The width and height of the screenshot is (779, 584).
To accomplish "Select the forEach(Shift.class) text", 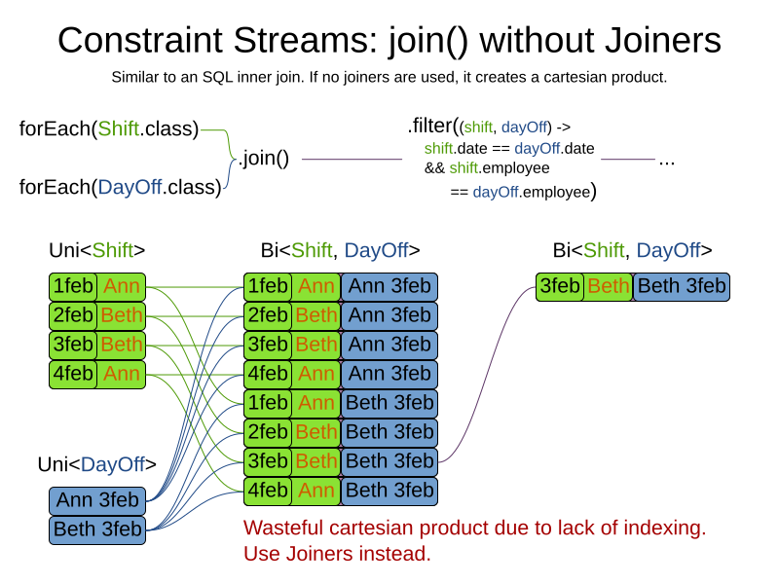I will tap(109, 128).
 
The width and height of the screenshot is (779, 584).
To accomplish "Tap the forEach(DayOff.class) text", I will tap(120, 187).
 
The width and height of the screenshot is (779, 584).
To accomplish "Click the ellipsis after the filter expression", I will tap(667, 159).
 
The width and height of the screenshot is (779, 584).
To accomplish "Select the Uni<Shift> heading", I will tap(97, 250).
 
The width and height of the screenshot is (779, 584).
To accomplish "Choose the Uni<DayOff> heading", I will tap(96, 464).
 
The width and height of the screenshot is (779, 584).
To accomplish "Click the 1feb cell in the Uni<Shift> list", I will tap(73, 287).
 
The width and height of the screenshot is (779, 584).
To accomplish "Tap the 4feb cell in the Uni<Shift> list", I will tap(73, 375).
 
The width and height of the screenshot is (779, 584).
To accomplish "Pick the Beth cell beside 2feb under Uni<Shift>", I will tap(122, 316).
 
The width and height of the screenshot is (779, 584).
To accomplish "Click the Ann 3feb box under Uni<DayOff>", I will tap(97, 501).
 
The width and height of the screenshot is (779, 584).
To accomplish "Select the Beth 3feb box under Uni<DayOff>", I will tap(97, 530).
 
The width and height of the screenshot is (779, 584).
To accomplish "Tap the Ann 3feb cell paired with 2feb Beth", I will tap(389, 316).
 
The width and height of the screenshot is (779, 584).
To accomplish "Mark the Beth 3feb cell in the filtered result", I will tap(682, 287).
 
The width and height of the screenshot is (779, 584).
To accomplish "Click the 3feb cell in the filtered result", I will tap(560, 287).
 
